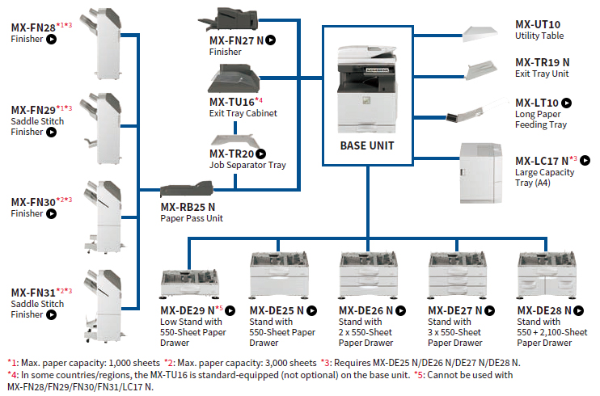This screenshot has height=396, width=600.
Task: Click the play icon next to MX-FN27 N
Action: pos(272,39)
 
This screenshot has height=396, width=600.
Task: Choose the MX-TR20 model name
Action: pos(231,154)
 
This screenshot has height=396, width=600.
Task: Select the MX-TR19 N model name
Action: pos(543,62)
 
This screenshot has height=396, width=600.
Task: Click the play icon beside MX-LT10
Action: pos(567,103)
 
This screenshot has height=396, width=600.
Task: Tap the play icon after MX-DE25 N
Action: pos(311,310)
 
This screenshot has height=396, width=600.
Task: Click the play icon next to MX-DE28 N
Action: pos(578,310)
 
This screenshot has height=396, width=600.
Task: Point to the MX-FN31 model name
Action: pos(33,292)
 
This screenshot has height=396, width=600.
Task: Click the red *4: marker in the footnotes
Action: pos(13,374)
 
